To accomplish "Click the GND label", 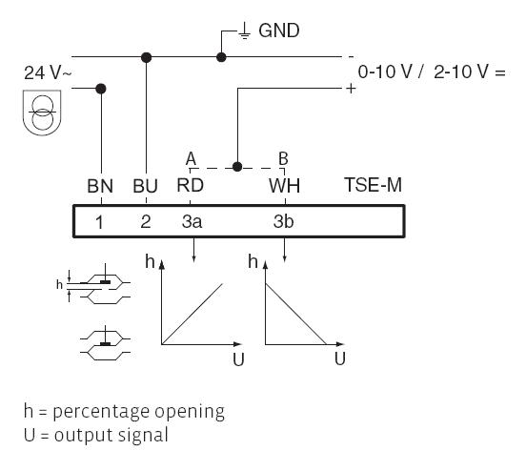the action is click(279, 31).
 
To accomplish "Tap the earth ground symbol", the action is click(245, 31).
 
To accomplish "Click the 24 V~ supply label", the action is click(48, 72).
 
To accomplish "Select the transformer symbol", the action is click(42, 113).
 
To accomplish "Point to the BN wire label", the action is click(100, 186).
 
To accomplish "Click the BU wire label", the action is click(145, 186).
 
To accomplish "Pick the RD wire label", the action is click(191, 185).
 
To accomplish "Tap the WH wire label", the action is click(284, 186).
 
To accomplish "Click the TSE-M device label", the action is click(373, 185).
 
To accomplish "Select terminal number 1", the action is click(99, 222).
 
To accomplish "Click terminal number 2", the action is click(146, 221).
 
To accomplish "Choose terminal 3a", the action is click(192, 221).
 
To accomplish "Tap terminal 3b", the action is click(283, 221).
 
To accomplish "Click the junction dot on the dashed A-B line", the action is click(237, 167).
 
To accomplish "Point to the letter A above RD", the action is click(191, 159).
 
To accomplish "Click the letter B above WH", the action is click(283, 158).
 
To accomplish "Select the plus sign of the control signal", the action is click(351, 89).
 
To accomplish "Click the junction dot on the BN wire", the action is click(101, 89).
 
